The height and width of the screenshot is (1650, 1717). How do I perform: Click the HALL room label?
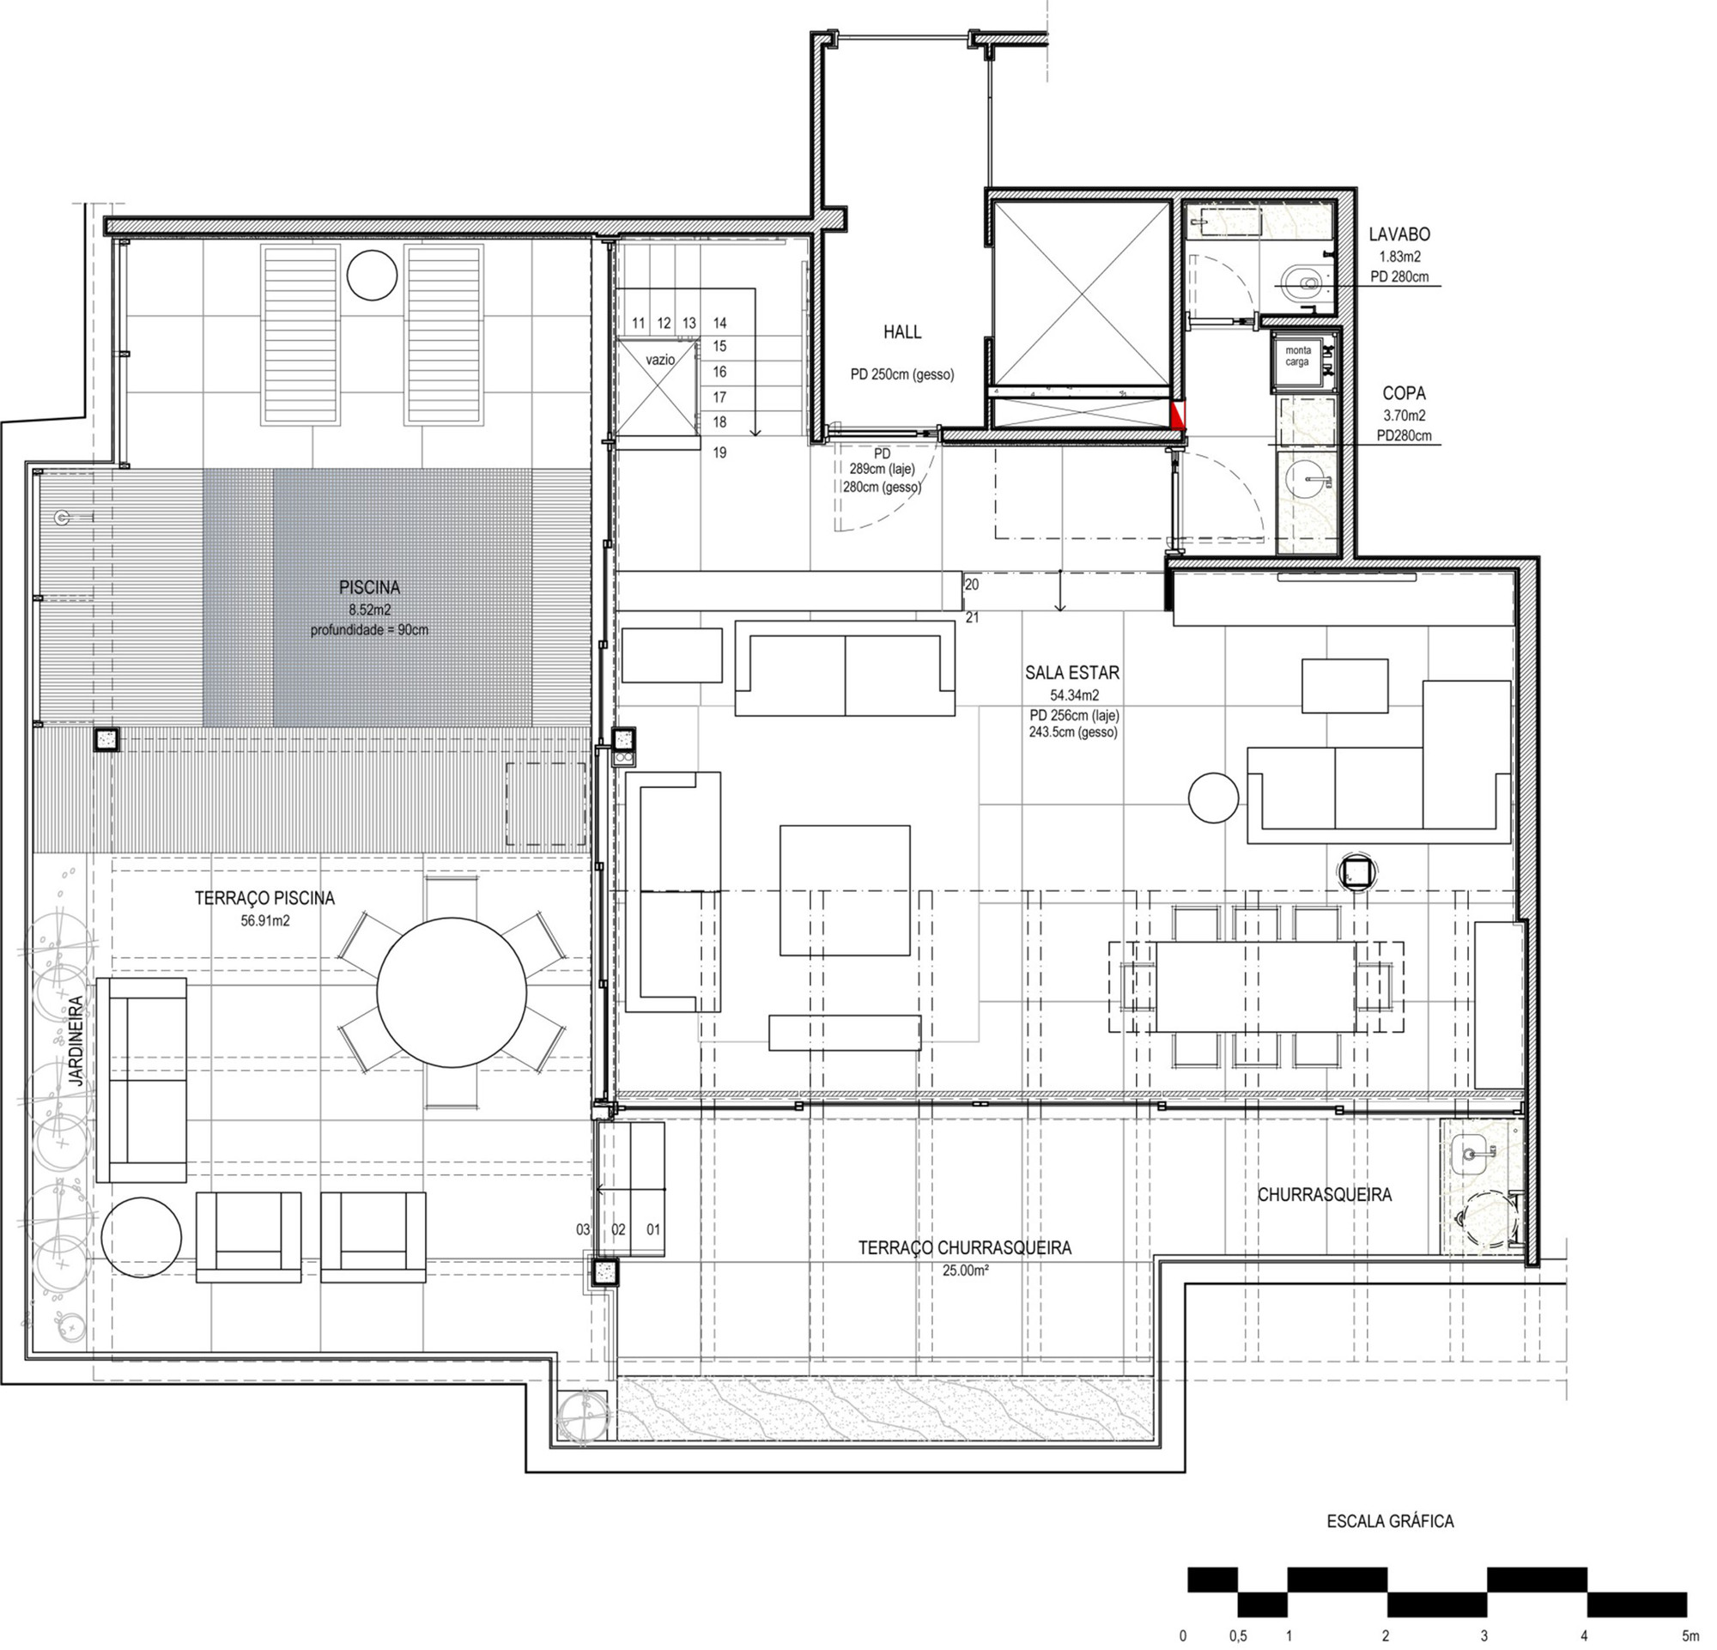902,332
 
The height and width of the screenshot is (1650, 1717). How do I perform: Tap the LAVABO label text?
1399,234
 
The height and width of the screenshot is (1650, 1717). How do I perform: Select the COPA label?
1404,394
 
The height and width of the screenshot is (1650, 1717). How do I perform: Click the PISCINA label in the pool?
369,588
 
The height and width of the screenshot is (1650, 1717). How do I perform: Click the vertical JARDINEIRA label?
76,1041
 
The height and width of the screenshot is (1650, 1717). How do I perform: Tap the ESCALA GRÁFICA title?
1390,1522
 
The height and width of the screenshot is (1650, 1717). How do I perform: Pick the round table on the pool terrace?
452,992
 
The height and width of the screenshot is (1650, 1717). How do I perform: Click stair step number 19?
720,452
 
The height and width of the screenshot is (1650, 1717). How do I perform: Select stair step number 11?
639,323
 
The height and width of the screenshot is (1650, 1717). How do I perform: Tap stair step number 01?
653,1229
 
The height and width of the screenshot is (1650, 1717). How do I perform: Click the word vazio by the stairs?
660,360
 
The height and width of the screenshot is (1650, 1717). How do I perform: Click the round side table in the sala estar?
1213,797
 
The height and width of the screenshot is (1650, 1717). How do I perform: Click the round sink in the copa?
1307,480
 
